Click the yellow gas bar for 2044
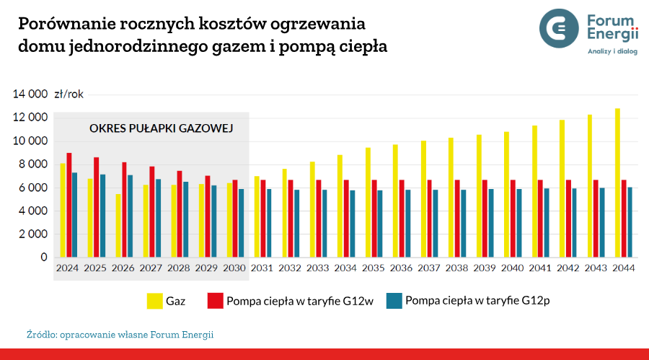pyautogui.click(x=617, y=183)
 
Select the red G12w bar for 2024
pyautogui.click(x=69, y=206)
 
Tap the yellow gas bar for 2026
pyautogui.click(x=118, y=226)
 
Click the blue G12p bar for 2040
pyautogui.click(x=519, y=223)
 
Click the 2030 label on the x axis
pyautogui.click(x=234, y=268)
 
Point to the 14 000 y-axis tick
pyautogui.click(x=31, y=94)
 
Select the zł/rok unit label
pyautogui.click(x=69, y=94)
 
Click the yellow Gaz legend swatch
pyautogui.click(x=154, y=301)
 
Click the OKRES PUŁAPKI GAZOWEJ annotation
pyautogui.click(x=159, y=128)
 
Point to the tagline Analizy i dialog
pyautogui.click(x=612, y=51)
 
